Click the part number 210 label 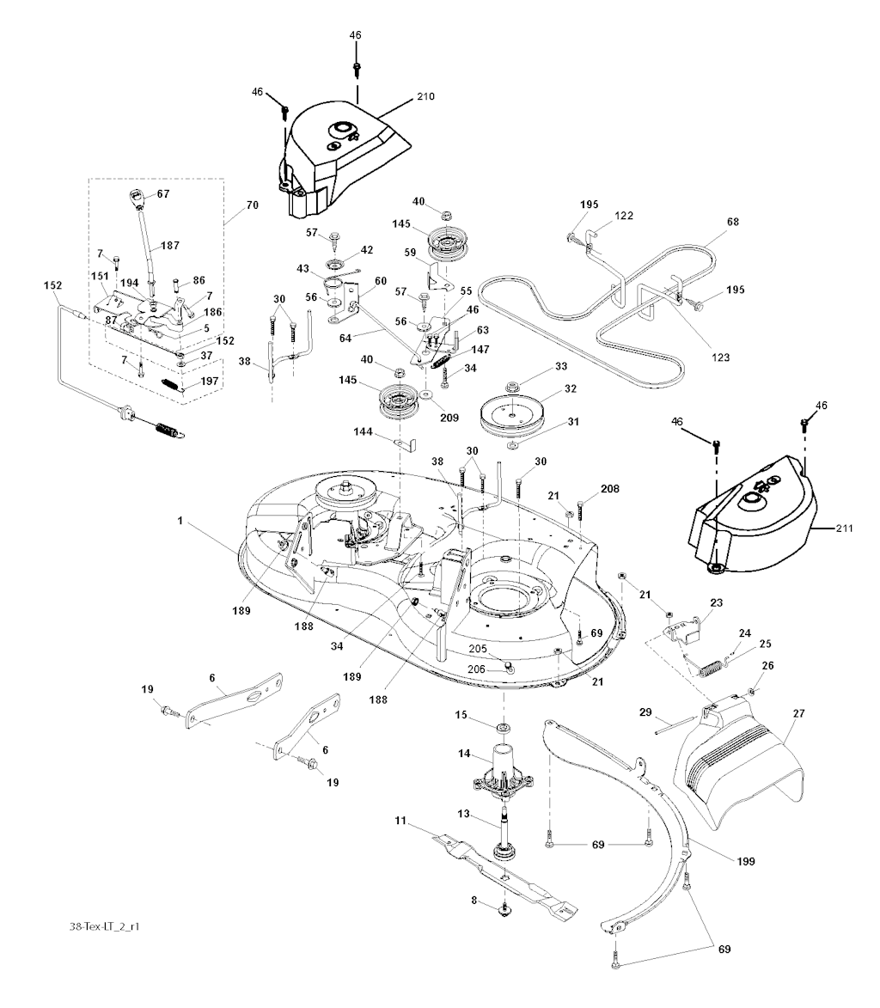pyautogui.click(x=425, y=96)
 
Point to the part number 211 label pyautogui.click(x=844, y=528)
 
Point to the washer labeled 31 pyautogui.click(x=512, y=447)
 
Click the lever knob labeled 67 pyautogui.click(x=137, y=198)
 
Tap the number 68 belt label pyautogui.click(x=732, y=223)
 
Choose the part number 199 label pyautogui.click(x=744, y=859)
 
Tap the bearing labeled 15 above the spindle pyautogui.click(x=502, y=730)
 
